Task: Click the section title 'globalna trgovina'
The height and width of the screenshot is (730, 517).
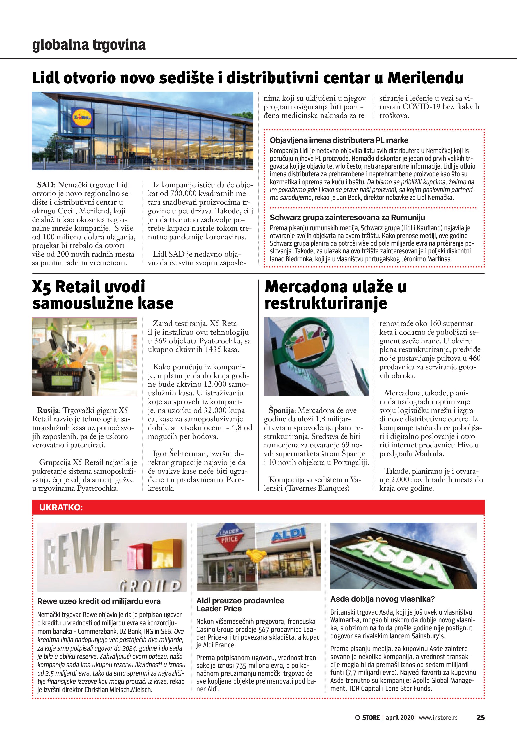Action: [x=89, y=45]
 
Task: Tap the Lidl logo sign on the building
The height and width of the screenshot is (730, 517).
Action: [x=82, y=117]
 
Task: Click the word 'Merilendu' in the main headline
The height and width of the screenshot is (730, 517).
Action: [x=425, y=78]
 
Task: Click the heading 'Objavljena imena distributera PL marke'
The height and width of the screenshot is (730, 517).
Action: [x=339, y=140]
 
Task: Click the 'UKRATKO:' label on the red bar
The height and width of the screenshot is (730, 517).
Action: [x=61, y=507]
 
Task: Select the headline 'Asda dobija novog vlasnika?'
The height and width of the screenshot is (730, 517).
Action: [x=383, y=599]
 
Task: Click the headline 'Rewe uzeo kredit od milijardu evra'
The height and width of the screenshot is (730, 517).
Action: [x=99, y=601]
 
